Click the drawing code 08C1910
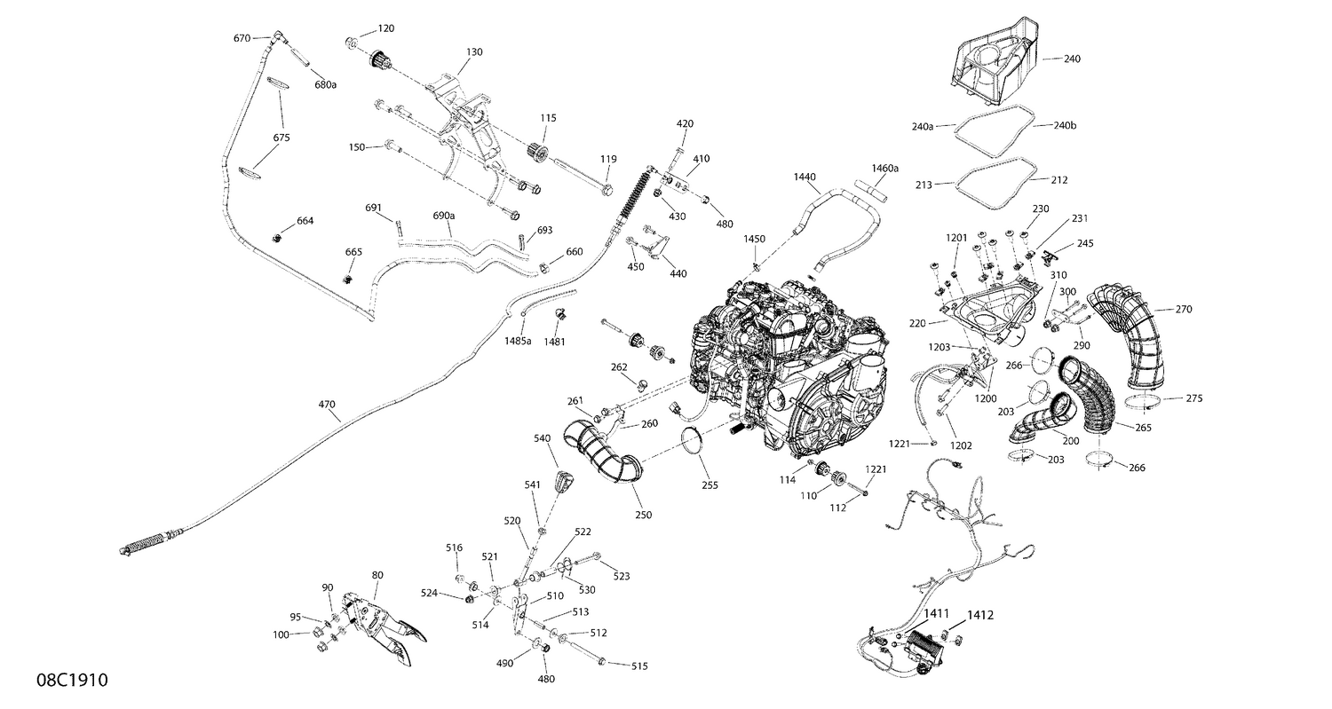tap(72, 681)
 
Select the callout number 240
tap(1073, 59)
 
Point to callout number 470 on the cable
tap(328, 405)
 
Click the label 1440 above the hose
tap(805, 177)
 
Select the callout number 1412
tap(980, 614)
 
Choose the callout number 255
tap(709, 485)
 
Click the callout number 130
tap(474, 52)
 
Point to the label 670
tap(242, 38)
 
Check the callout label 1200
tap(986, 399)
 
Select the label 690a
tap(444, 216)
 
